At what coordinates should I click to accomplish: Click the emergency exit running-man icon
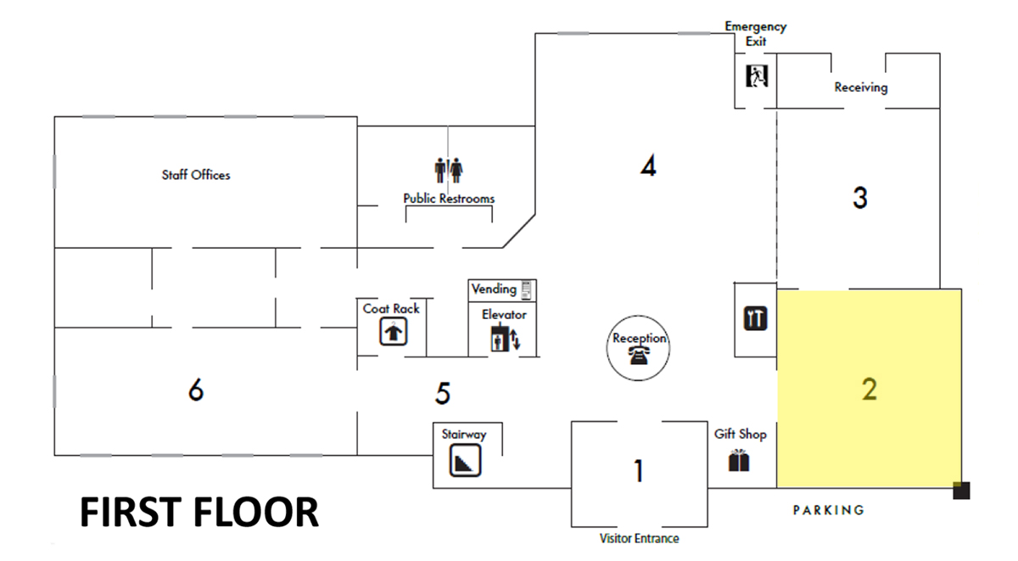tap(757, 76)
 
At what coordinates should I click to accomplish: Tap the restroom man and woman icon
tap(448, 170)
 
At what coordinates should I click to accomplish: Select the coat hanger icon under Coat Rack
tap(393, 331)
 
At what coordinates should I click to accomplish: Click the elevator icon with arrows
tap(505, 339)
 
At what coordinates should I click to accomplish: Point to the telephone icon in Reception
tap(639, 355)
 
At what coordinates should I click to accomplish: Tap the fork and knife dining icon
tap(755, 318)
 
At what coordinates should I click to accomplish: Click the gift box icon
tap(739, 461)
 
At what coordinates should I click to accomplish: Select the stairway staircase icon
tap(465, 460)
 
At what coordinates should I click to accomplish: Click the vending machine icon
tap(526, 290)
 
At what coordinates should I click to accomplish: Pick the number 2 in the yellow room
tap(870, 389)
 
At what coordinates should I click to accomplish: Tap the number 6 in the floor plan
tap(196, 390)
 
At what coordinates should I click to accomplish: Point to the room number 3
tap(860, 198)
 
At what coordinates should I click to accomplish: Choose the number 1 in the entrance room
tap(639, 470)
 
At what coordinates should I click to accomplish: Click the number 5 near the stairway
tap(443, 393)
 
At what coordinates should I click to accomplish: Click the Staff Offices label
tap(196, 175)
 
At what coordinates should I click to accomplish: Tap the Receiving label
tap(861, 87)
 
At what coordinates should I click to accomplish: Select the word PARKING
tap(829, 510)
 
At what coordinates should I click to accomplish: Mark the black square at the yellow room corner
tap(961, 491)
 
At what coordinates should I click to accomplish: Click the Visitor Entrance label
tap(639, 539)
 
